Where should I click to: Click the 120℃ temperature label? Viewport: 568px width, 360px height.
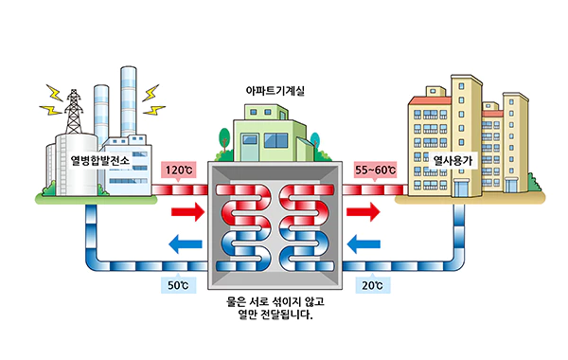(x=179, y=170)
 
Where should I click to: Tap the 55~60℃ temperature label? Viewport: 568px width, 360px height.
(x=375, y=170)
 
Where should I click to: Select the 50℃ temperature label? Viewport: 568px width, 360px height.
(x=178, y=285)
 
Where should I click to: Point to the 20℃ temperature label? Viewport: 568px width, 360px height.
(x=372, y=285)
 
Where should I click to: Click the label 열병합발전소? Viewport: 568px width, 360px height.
(x=100, y=160)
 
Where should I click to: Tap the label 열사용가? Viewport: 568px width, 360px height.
(x=453, y=160)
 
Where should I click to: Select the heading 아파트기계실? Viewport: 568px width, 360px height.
(x=275, y=91)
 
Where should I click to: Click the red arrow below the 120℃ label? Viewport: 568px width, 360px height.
(x=187, y=211)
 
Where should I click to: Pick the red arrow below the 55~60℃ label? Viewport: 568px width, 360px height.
(x=364, y=211)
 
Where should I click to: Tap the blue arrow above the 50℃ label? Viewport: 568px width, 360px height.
(x=186, y=243)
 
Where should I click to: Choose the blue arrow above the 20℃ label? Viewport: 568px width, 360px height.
(x=364, y=243)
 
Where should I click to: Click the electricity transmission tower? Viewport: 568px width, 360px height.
(x=74, y=112)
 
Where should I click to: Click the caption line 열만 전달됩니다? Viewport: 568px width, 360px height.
(x=275, y=315)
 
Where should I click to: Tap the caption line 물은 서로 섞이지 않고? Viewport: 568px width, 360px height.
(x=275, y=301)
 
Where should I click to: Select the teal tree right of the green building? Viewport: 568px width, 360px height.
(x=315, y=140)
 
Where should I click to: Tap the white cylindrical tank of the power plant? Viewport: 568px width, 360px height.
(x=77, y=164)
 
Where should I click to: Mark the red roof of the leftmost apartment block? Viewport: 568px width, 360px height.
(x=430, y=100)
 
